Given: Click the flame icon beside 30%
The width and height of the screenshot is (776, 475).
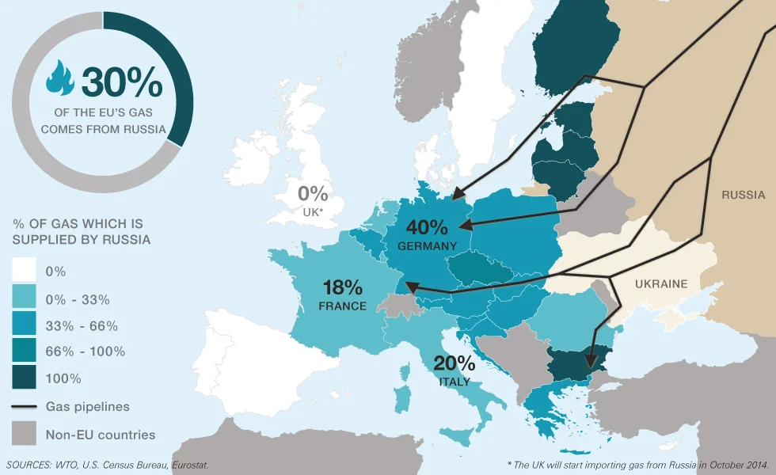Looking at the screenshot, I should [59, 78].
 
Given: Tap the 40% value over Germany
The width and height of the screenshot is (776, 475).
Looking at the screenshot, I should [428, 227].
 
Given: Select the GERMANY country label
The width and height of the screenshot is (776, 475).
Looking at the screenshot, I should [428, 246].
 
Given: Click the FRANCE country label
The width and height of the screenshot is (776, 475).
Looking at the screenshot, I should [342, 306].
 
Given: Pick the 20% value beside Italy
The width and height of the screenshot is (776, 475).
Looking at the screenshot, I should [455, 363].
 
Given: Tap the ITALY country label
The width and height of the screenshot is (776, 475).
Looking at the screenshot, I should [455, 382].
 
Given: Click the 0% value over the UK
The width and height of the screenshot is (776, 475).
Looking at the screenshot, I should [313, 193].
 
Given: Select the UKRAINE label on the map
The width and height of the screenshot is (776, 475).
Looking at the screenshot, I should [661, 284].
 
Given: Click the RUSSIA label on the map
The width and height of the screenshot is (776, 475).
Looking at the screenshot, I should [743, 195].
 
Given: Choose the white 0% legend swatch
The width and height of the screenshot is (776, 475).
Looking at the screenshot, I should [24, 271].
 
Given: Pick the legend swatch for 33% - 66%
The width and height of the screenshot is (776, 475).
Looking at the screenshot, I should [24, 325].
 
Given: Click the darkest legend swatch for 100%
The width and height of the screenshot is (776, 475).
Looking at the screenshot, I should [24, 379].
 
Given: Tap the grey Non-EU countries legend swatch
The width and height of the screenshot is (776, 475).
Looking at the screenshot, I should [24, 434].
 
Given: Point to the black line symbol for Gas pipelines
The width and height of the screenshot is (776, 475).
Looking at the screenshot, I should [24, 407].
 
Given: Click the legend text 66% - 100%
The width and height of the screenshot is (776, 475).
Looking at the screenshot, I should [86, 351].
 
